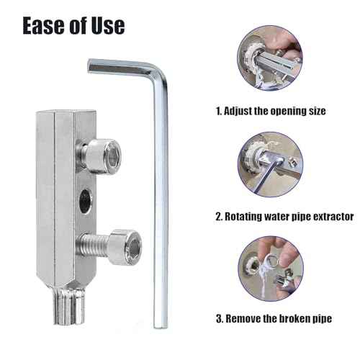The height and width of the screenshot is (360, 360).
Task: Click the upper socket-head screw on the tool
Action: (102, 153)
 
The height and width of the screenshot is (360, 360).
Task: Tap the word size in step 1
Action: (315, 112)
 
